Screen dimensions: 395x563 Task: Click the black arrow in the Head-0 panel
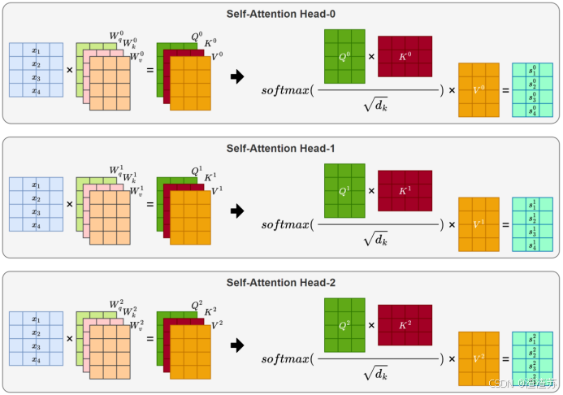[237, 77]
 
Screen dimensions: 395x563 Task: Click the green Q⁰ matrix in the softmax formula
[345, 56]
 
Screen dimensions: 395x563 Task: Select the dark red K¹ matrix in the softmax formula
[405, 191]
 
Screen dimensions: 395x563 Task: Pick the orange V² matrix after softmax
[479, 358]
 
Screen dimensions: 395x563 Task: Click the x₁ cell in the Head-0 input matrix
[35, 50]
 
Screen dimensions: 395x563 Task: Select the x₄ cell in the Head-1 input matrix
[35, 226]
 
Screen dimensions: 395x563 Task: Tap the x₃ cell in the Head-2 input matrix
[35, 347]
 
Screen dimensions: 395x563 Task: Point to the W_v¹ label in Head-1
[136, 191]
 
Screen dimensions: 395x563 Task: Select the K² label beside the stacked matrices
[210, 310]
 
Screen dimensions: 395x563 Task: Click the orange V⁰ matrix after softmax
[479, 89]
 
